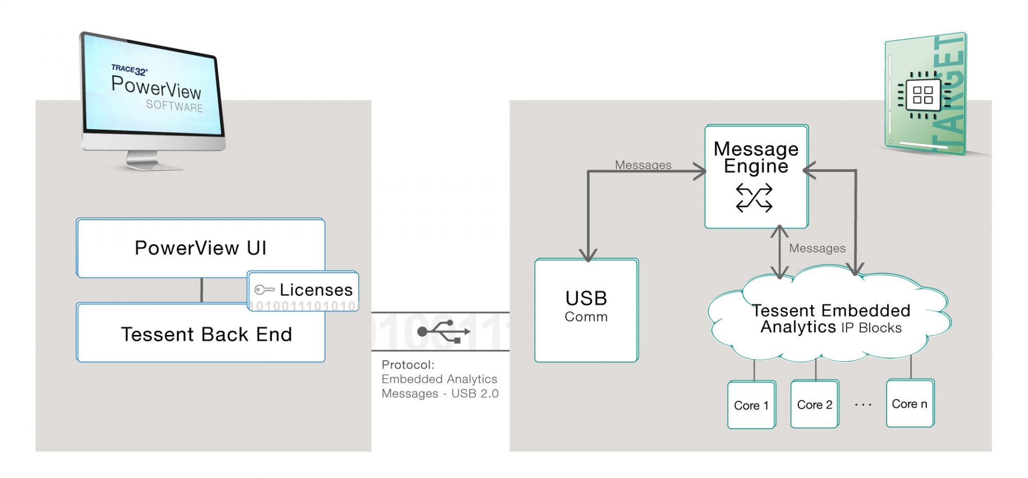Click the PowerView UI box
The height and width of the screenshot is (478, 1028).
pyautogui.click(x=200, y=248)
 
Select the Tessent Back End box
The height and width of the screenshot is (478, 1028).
pyautogui.click(x=200, y=333)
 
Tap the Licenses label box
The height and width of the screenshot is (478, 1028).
pyautogui.click(x=303, y=291)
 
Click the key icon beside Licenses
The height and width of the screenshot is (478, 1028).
pyautogui.click(x=264, y=290)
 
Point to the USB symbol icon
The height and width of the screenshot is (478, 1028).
pyautogui.click(x=444, y=331)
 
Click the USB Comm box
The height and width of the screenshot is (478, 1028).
pyautogui.click(x=586, y=310)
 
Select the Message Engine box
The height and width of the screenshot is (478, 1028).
pyautogui.click(x=756, y=177)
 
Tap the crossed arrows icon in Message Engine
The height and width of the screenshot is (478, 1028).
pyautogui.click(x=754, y=198)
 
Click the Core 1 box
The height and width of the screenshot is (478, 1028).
pyautogui.click(x=752, y=405)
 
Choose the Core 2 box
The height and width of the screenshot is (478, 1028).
pyautogui.click(x=815, y=404)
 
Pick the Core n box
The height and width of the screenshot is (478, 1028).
pyautogui.click(x=910, y=403)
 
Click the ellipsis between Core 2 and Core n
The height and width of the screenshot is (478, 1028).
pyautogui.click(x=863, y=405)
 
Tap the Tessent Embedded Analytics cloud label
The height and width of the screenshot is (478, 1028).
pyautogui.click(x=831, y=319)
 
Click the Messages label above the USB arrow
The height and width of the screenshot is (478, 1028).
pyautogui.click(x=643, y=165)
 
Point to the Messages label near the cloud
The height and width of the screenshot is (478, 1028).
pyautogui.click(x=817, y=248)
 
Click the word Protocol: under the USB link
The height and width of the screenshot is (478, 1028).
pyautogui.click(x=408, y=365)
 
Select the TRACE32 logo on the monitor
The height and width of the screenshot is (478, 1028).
pyautogui.click(x=130, y=70)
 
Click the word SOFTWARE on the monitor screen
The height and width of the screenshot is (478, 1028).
pyautogui.click(x=175, y=106)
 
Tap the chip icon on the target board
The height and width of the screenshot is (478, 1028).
pyautogui.click(x=923, y=95)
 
